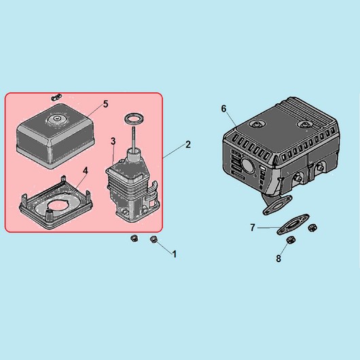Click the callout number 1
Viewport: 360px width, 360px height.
[175, 255]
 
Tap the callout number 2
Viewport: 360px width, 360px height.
[188, 145]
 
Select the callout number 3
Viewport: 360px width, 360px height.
[113, 141]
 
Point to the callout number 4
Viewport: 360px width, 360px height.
[86, 170]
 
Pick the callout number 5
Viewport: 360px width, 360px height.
[105, 104]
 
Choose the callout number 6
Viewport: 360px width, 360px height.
[223, 109]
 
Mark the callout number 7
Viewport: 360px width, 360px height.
[253, 228]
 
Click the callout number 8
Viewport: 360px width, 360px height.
[278, 259]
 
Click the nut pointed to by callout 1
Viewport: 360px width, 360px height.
[153, 239]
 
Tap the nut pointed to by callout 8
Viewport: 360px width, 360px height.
[291, 240]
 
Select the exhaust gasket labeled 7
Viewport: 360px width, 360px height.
[293, 224]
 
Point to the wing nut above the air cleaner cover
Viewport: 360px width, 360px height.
[56, 96]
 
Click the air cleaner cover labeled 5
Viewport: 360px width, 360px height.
[56, 136]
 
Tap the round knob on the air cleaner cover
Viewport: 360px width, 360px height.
[56, 120]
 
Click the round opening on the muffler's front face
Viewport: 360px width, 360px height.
[247, 165]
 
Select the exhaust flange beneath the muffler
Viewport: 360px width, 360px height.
[277, 205]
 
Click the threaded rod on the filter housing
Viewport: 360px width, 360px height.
[133, 138]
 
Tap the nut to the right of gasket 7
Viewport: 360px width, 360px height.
[312, 228]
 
